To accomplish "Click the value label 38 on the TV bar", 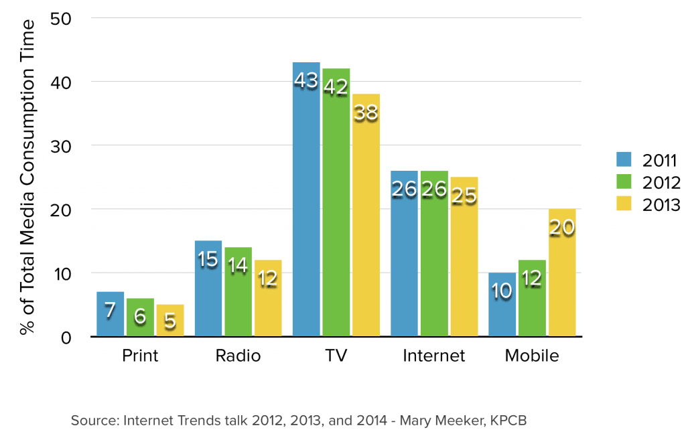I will click(x=366, y=113).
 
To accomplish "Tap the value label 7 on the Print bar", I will click(x=110, y=311).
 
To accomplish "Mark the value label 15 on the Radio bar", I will click(x=208, y=260).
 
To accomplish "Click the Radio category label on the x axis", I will click(x=238, y=356).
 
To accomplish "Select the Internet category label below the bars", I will click(x=433, y=356).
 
